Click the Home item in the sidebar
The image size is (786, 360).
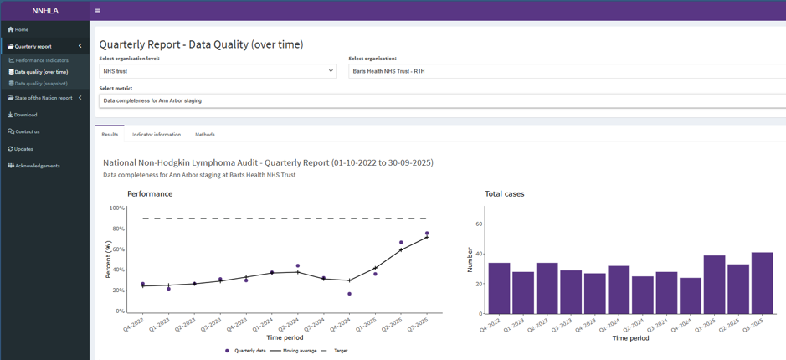click(18, 29)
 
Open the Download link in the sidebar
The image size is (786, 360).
click(23, 115)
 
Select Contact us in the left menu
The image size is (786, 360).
click(23, 132)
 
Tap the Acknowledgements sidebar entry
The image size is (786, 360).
click(33, 166)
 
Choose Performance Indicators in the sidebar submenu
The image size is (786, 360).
click(39, 60)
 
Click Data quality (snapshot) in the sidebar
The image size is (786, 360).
click(39, 84)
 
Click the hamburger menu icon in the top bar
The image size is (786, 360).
click(97, 11)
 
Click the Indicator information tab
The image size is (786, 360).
click(157, 135)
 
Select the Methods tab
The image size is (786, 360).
click(205, 135)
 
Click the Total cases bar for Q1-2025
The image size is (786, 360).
click(714, 285)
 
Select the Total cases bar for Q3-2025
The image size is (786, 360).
click(762, 283)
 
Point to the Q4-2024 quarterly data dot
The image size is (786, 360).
click(349, 294)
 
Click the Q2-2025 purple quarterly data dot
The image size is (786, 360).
click(401, 242)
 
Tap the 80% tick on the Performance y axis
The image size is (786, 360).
click(118, 229)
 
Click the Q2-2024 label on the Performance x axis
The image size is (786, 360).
click(290, 326)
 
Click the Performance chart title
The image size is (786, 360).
click(150, 194)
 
